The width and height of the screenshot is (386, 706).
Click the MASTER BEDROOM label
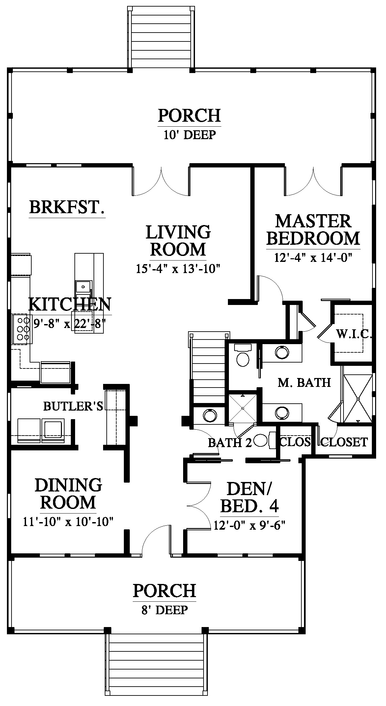tap(313, 230)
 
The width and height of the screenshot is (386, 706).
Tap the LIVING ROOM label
tap(178, 240)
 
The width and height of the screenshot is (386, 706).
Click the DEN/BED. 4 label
tap(249, 497)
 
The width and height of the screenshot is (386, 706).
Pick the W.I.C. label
tap(354, 335)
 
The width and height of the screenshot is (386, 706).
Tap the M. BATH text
tap(304, 383)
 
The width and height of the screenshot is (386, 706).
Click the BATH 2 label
tap(230, 443)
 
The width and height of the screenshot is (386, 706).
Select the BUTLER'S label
tap(73, 406)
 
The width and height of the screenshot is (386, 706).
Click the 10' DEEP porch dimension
tap(189, 135)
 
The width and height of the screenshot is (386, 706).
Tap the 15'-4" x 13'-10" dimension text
tap(178, 269)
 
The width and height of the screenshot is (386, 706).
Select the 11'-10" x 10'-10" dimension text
tap(68, 522)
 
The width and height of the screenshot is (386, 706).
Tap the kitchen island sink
tap(84, 287)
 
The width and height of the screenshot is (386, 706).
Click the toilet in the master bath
tap(243, 356)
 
